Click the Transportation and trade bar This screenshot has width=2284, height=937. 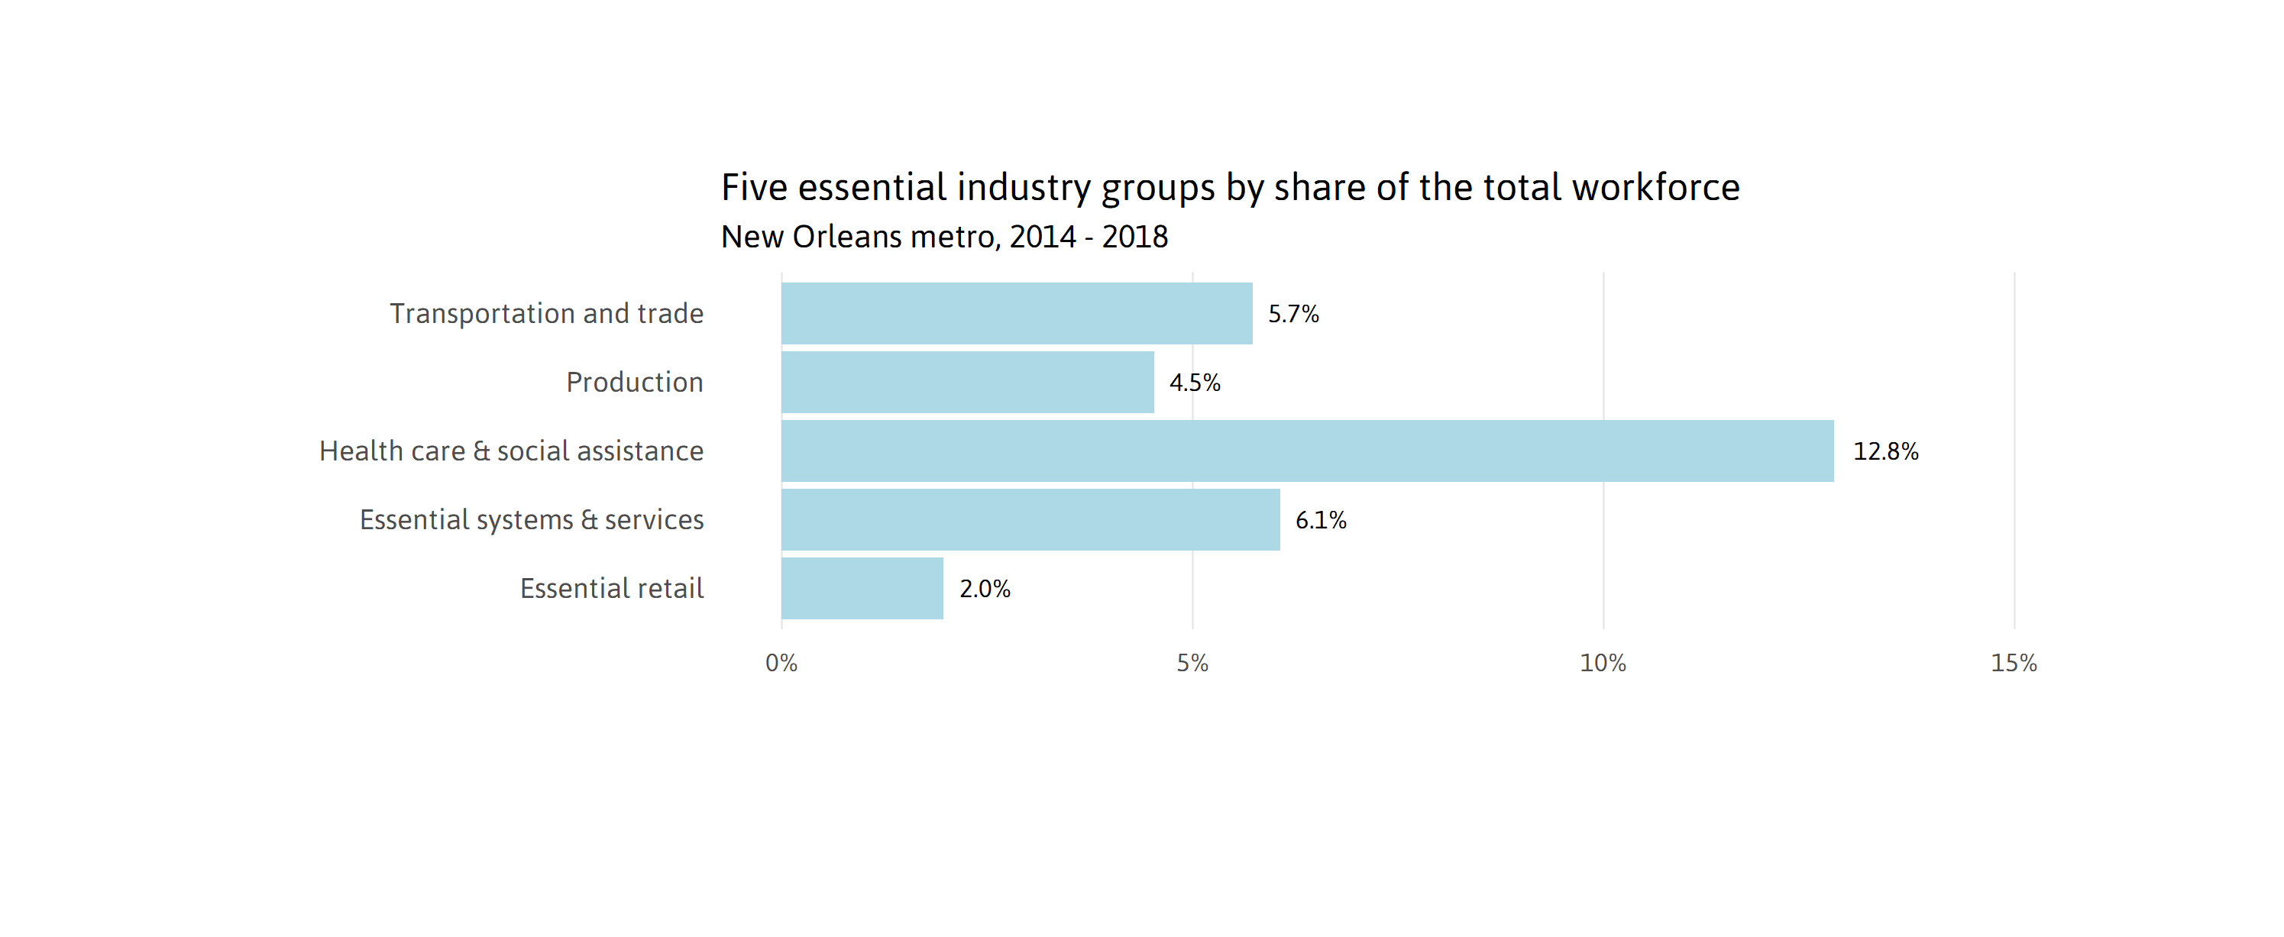[x=1016, y=313]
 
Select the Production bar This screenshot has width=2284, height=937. [x=967, y=382]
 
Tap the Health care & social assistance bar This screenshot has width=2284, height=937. [x=1307, y=451]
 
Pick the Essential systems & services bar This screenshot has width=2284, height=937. [x=1030, y=519]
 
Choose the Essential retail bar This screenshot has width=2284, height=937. [x=862, y=588]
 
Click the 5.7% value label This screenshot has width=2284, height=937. [x=1292, y=314]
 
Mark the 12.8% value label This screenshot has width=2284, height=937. [x=1885, y=451]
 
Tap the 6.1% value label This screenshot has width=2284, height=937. [x=1320, y=520]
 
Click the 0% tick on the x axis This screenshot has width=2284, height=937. [x=781, y=663]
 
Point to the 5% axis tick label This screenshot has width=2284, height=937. [x=1192, y=663]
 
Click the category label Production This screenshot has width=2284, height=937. [x=634, y=382]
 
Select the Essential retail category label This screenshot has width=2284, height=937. [x=611, y=588]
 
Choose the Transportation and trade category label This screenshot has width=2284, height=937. [x=546, y=313]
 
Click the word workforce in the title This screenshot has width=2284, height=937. [x=1655, y=187]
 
